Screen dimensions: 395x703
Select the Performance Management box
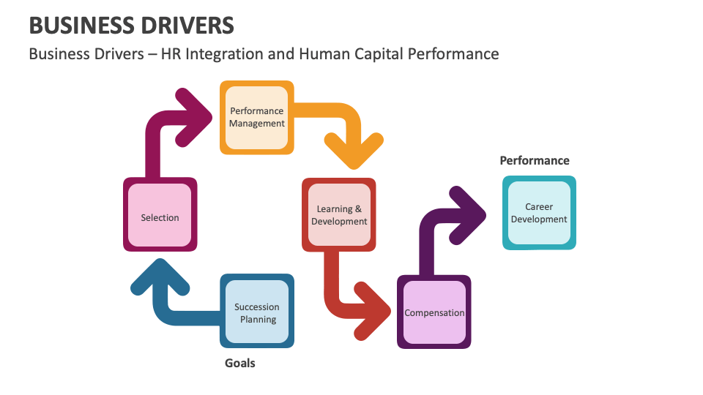257,118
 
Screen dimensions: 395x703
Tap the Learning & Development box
339,215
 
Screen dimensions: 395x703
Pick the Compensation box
434,312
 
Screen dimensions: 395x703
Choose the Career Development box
539,213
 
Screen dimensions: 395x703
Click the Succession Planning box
257,312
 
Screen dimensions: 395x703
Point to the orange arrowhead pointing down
354,151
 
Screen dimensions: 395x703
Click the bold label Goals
239,363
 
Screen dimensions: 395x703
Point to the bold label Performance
534,160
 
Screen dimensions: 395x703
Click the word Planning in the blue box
258,320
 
